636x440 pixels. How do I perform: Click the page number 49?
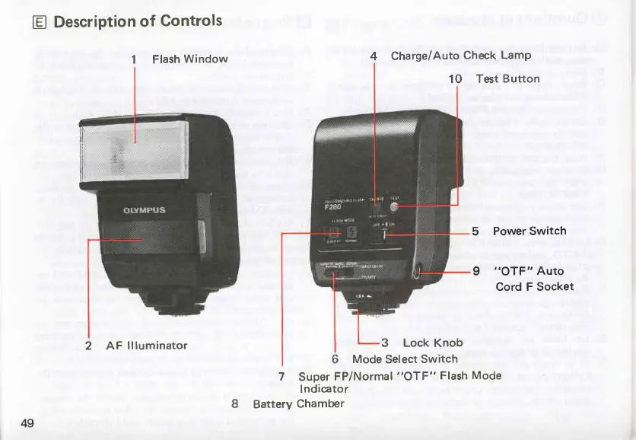[27, 423]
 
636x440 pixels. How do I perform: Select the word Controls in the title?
[192, 21]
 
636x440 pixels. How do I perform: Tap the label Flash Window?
[189, 59]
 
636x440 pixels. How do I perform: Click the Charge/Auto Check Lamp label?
[460, 56]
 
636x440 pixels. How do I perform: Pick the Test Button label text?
[507, 78]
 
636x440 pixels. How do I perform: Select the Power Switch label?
[529, 231]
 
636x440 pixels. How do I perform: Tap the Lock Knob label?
[432, 343]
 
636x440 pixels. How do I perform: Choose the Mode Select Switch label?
[405, 359]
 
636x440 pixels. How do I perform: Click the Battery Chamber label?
[298, 403]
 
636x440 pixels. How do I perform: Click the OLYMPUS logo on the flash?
[145, 210]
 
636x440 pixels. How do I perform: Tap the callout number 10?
[456, 78]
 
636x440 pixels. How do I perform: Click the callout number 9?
[476, 270]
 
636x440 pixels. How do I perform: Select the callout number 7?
[281, 376]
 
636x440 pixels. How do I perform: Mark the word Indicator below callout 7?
[324, 389]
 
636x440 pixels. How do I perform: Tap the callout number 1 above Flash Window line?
[134, 59]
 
